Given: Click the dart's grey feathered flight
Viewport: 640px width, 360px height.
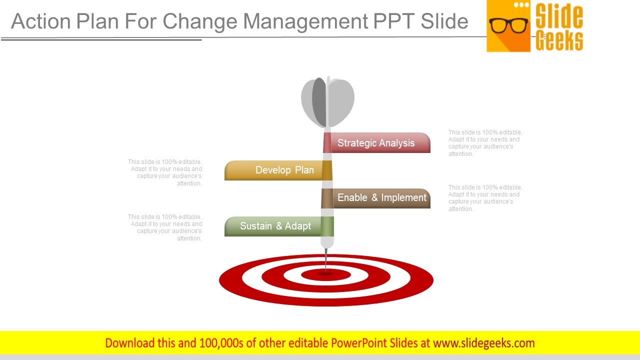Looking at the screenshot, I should click(327, 101).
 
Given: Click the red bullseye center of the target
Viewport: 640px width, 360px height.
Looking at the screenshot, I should click(325, 274).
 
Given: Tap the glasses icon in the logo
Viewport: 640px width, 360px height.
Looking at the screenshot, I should click(508, 24).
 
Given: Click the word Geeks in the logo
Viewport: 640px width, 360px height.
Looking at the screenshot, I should click(559, 40).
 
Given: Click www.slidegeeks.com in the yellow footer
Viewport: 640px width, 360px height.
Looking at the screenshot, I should click(484, 343).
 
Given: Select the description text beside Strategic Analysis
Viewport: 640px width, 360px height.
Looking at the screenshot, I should click(485, 143).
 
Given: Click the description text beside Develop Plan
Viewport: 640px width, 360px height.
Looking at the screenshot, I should click(165, 172).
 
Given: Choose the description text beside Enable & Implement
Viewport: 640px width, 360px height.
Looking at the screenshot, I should click(485, 198).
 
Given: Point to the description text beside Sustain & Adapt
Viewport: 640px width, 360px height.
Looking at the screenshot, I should click(165, 227).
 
